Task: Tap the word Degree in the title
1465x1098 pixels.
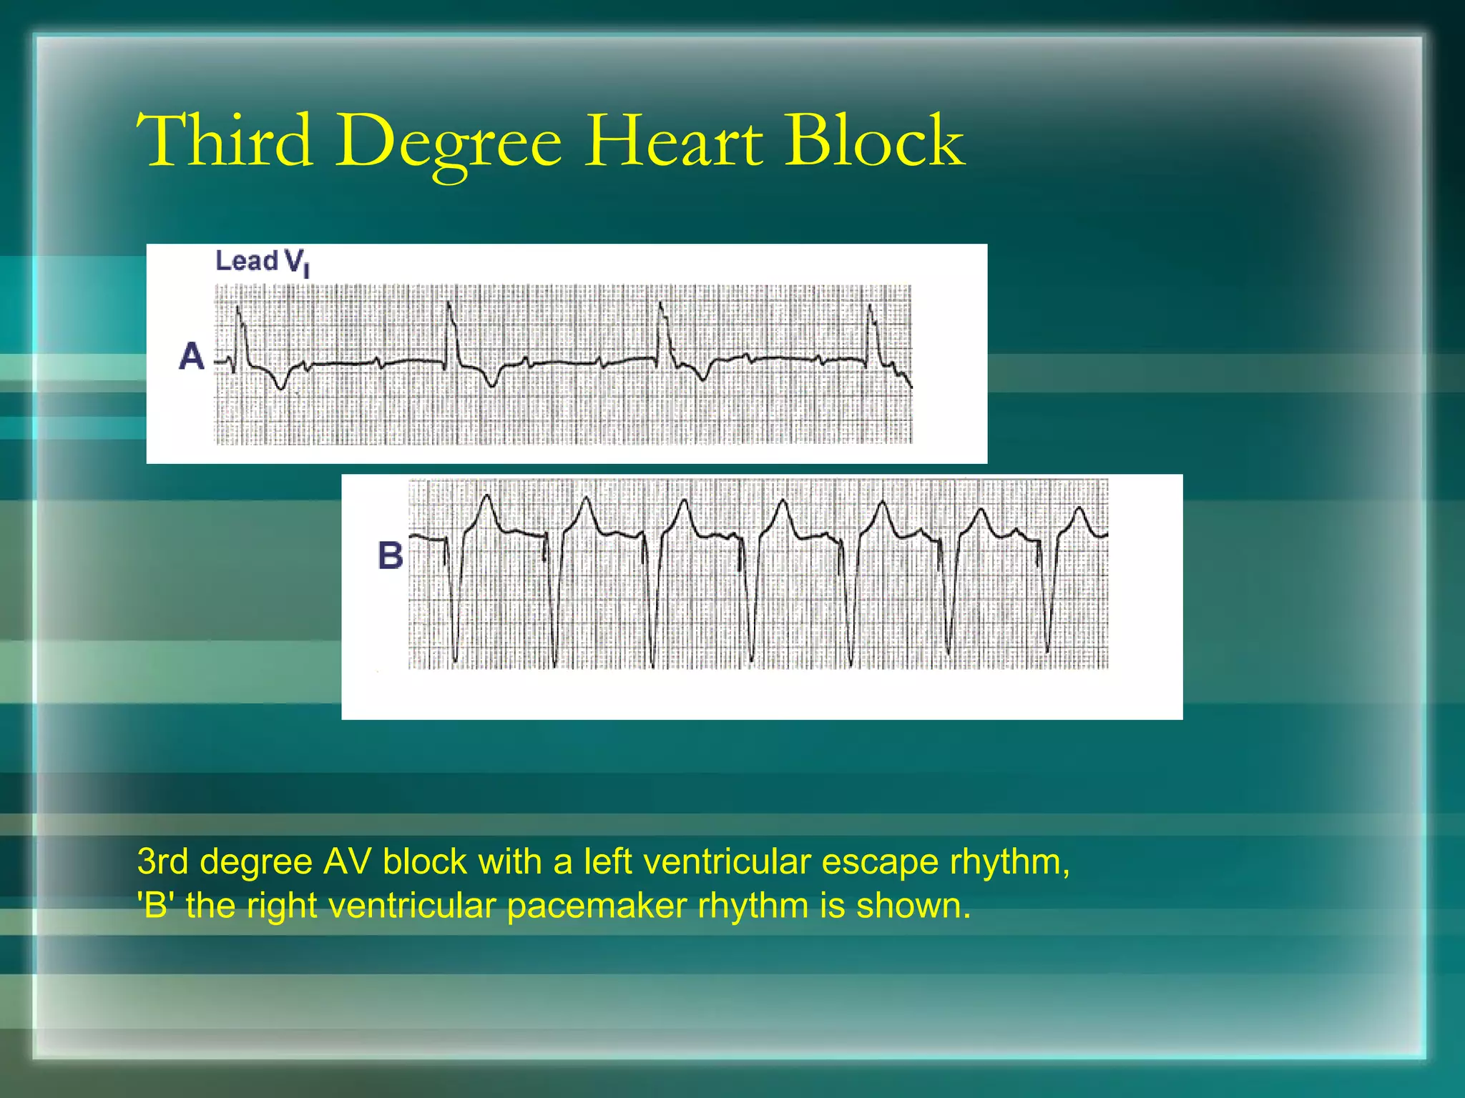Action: click(449, 143)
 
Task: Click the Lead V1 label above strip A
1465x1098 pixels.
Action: click(262, 262)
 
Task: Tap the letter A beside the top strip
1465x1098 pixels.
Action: click(192, 356)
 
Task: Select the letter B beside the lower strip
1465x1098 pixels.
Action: click(390, 555)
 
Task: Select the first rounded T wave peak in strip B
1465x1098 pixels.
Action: click(487, 498)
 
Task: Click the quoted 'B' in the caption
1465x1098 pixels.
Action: click(155, 906)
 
